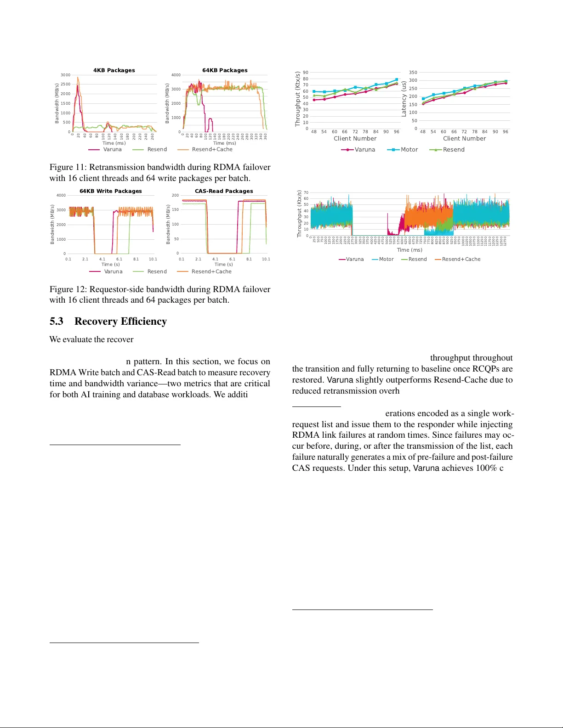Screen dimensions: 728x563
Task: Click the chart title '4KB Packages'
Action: pyautogui.click(x=114, y=70)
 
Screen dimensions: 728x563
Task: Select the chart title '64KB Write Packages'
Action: pyautogui.click(x=111, y=191)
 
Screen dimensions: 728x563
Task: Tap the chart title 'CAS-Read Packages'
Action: pyautogui.click(x=224, y=191)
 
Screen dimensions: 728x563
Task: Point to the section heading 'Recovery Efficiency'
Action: pyautogui.click(x=120, y=321)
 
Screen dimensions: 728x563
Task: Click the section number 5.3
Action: pyautogui.click(x=57, y=321)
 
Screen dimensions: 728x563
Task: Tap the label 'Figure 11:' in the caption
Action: pyautogui.click(x=68, y=167)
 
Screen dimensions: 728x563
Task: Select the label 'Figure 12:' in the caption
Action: pyautogui.click(x=68, y=289)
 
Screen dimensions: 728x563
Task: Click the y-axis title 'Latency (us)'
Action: pyautogui.click(x=404, y=99)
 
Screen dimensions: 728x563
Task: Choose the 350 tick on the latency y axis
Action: pyautogui.click(x=413, y=73)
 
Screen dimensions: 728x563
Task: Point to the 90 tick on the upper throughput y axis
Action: pyautogui.click(x=306, y=73)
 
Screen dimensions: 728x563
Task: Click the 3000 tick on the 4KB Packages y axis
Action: pyautogui.click(x=66, y=75)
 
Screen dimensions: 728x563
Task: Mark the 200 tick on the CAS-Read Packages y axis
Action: pyautogui.click(x=175, y=195)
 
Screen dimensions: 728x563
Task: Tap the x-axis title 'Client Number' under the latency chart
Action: pyautogui.click(x=464, y=139)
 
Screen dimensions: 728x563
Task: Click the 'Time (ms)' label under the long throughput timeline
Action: pyautogui.click(x=409, y=250)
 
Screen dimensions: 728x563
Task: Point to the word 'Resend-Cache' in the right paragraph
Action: pyautogui.click(x=476, y=380)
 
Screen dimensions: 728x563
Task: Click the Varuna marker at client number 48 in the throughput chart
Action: pyautogui.click(x=314, y=100)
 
